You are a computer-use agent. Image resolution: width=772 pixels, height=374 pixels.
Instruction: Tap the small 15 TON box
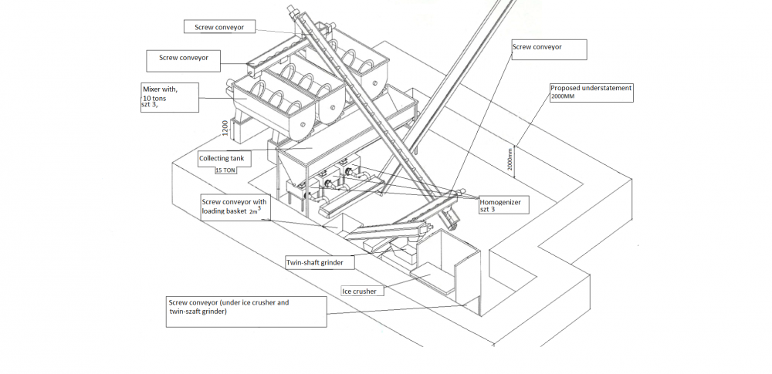coord(225,170)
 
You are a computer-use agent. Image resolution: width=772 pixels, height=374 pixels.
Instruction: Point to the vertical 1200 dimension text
coord(224,128)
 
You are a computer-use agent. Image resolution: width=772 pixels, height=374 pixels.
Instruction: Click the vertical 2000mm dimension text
coord(510,160)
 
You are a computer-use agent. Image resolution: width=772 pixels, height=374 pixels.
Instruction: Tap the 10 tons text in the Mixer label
coord(154,99)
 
